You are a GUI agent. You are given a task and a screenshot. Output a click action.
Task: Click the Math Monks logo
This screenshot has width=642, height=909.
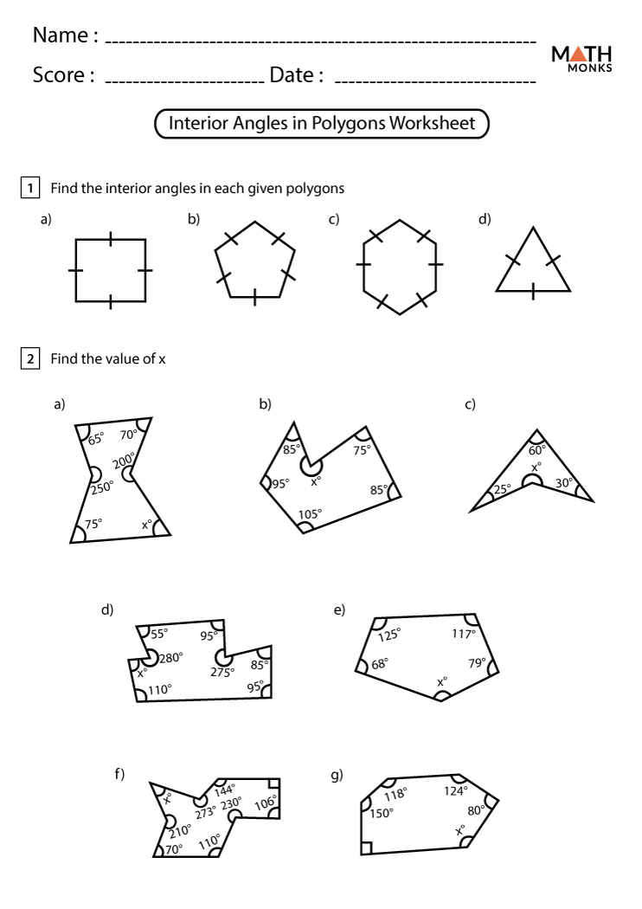581,57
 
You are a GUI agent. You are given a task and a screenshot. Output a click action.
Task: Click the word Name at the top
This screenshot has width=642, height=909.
60,35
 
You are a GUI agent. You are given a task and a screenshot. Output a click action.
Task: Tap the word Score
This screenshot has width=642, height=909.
63,75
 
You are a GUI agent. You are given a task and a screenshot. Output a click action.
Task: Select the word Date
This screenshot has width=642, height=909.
292,75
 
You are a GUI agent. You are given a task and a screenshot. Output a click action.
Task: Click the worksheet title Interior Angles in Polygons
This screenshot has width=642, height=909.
322,123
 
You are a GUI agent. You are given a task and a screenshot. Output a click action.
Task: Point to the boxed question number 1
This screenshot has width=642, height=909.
30,188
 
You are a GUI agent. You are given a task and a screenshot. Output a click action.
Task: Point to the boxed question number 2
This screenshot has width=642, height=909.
30,358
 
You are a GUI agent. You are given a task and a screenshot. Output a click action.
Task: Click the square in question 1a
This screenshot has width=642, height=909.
110,270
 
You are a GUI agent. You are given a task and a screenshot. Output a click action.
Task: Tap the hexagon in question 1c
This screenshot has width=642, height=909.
399,263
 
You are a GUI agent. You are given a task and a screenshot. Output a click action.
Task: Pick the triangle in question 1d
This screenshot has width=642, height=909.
533,264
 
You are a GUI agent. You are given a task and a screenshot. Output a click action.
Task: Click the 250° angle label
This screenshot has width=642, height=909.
102,487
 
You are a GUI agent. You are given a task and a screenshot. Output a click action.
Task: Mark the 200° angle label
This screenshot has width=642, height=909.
124,460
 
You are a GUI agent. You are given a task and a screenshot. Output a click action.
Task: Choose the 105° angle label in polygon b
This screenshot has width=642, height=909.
310,514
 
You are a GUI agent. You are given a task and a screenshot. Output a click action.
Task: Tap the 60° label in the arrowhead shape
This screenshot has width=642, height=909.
537,449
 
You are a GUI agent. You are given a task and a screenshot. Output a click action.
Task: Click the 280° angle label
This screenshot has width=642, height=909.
170,658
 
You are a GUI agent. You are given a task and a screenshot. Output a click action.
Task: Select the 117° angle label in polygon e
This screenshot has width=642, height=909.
463,634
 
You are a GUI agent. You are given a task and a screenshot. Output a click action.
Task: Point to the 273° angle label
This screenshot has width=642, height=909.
205,812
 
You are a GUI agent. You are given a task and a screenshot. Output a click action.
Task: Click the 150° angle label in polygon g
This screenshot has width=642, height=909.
382,813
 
